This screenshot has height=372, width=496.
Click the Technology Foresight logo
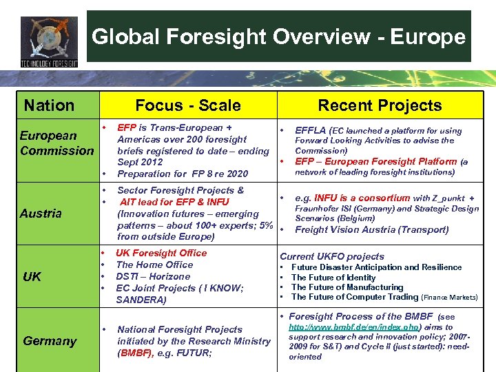click(49, 41)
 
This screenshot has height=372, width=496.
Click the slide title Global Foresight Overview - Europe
click(278, 37)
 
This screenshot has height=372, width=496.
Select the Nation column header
click(49, 105)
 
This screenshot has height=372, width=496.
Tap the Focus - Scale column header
click(188, 105)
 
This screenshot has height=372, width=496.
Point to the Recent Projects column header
click(380, 105)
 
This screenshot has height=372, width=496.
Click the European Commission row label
click(56, 143)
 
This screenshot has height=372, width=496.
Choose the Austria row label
click(41, 214)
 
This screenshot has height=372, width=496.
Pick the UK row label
click(32, 276)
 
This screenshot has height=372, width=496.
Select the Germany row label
click(50, 341)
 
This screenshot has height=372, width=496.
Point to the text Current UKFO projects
click(331, 256)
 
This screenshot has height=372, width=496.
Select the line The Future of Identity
click(333, 277)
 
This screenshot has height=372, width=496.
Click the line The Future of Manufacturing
click(347, 287)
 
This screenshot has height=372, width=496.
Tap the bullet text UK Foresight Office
click(161, 253)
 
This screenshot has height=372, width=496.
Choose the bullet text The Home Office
click(154, 265)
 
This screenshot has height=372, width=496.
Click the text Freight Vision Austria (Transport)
click(371, 230)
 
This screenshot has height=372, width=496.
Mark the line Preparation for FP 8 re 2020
click(183, 174)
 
